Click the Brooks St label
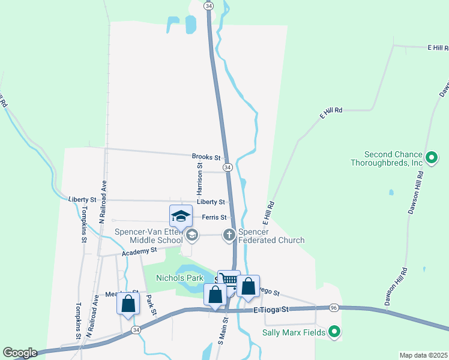[206, 157]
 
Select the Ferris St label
[215, 217]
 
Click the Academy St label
[139, 251]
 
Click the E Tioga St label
[271, 310]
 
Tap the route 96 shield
[333, 308]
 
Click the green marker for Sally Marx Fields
[335, 332]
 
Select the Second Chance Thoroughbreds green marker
[431, 158]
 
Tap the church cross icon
[229, 235]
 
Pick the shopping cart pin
[229, 280]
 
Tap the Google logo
[19, 353]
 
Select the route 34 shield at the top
[208, 5]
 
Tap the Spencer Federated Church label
[271, 236]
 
